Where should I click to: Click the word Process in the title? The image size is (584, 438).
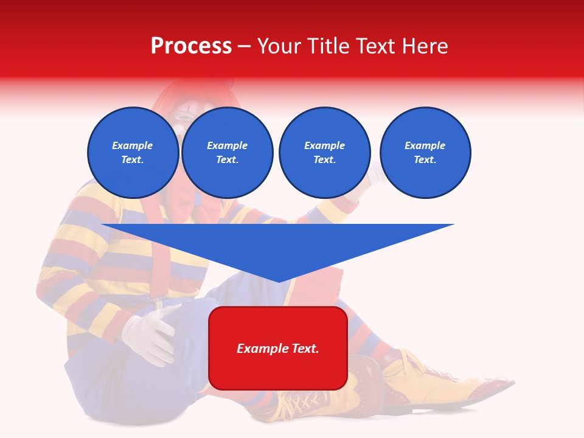(191, 46)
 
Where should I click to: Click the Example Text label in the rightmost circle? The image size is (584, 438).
(425, 153)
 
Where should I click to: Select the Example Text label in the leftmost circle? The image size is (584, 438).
(133, 153)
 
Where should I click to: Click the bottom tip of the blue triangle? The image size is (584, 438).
(278, 280)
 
